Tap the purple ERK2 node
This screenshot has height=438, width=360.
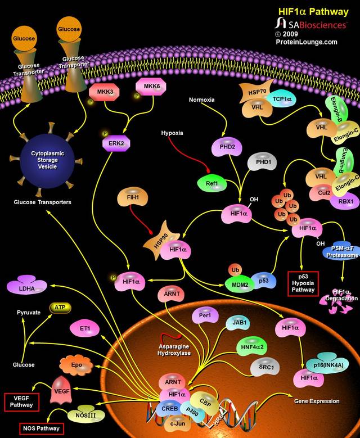pyautogui.click(x=116, y=143)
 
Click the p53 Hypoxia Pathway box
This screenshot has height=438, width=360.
pyautogui.click(x=304, y=283)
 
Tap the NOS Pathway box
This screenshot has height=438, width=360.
pyautogui.click(x=41, y=428)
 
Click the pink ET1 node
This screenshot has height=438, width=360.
pyautogui.click(x=85, y=328)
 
